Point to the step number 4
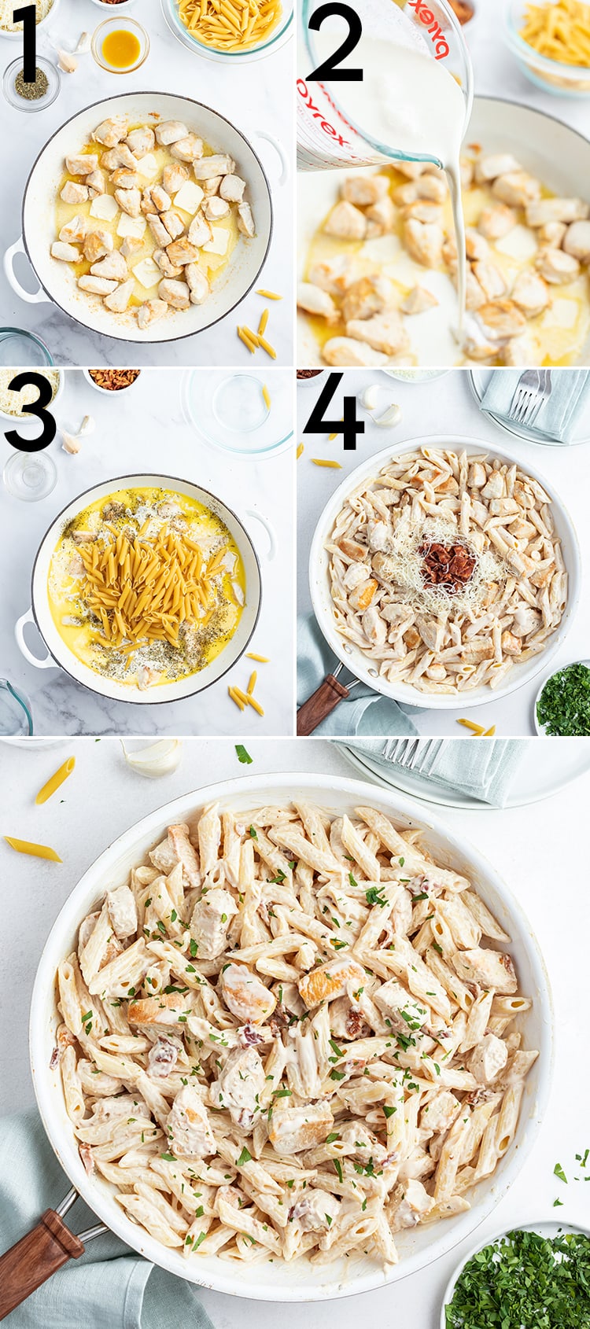click(x=334, y=413)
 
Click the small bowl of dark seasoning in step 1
click(x=31, y=83)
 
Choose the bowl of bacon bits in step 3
click(x=114, y=379)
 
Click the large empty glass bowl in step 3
click(x=237, y=410)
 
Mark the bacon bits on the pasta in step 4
click(x=448, y=565)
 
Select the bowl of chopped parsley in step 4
click(x=564, y=700)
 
